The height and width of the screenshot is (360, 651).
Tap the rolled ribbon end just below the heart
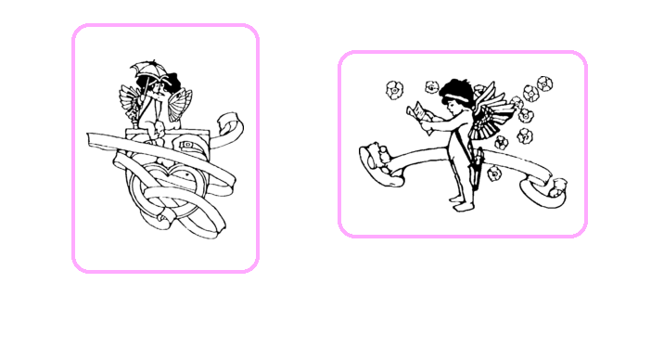pos(163,219)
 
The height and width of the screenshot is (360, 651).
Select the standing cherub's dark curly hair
pos(456,90)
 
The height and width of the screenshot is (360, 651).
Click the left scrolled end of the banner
pos(377,161)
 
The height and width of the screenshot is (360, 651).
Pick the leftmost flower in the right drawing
pos(393,89)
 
